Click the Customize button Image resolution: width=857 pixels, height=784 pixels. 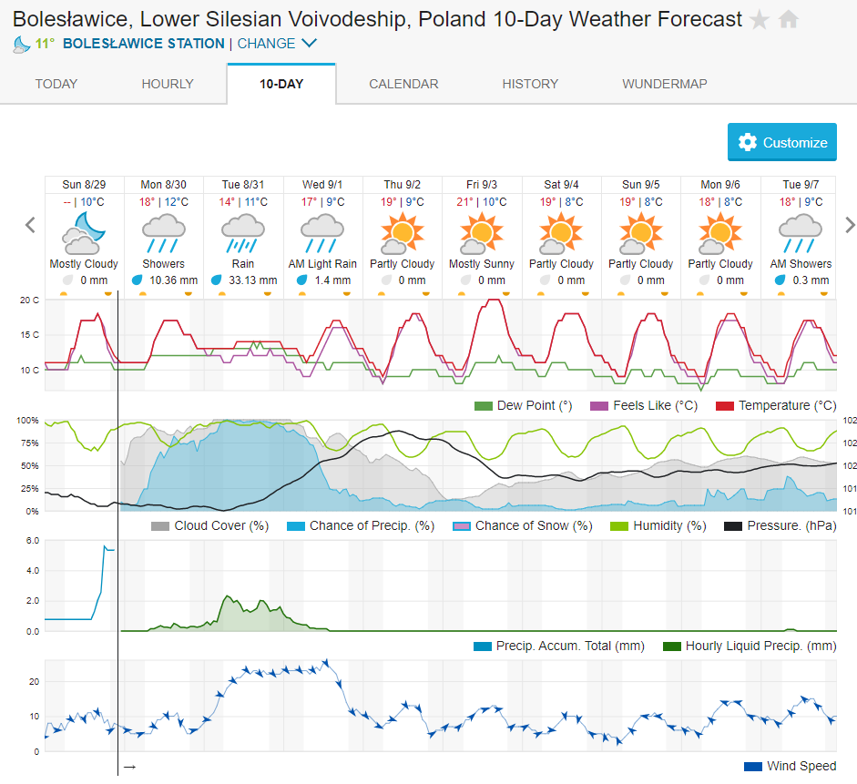click(x=782, y=142)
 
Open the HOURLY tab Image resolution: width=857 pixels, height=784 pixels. click(x=168, y=84)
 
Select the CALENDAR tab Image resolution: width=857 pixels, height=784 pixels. click(x=403, y=84)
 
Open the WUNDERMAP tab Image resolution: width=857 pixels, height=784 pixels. click(x=665, y=84)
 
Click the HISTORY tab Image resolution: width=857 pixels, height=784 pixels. click(x=530, y=84)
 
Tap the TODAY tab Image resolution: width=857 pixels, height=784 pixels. click(x=56, y=84)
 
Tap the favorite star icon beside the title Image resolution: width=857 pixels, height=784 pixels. click(x=759, y=19)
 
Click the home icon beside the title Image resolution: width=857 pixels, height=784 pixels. click(x=789, y=19)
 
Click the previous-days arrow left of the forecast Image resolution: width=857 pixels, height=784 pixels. click(x=30, y=225)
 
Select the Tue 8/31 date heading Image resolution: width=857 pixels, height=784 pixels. click(x=243, y=185)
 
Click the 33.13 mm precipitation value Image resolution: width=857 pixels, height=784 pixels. click(x=252, y=280)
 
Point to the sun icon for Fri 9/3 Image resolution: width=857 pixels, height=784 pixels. click(x=481, y=232)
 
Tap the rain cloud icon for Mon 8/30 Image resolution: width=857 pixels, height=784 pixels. click(x=164, y=232)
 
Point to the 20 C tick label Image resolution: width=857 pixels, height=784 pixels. click(x=30, y=300)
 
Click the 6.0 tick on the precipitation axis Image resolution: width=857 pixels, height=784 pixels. click(x=31, y=540)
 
